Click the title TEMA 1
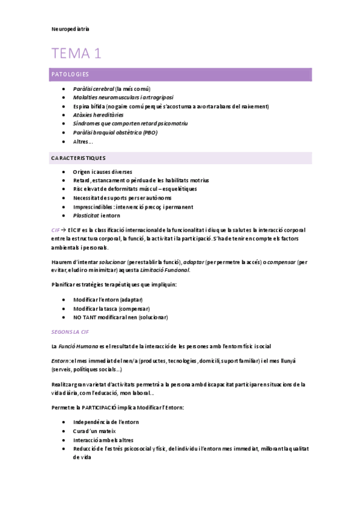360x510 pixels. [76, 54]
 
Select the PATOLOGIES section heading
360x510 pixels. [70, 75]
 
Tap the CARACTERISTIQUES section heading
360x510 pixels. [79, 158]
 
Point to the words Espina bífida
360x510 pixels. [88, 106]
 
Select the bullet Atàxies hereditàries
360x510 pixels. [98, 115]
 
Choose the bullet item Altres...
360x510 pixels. [83, 141]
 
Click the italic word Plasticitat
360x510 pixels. [87, 215]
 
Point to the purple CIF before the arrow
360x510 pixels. [55, 230]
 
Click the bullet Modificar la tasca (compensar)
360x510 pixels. [111, 309]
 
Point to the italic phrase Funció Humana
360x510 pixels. [77, 346]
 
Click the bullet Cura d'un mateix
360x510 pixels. [94, 431]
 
